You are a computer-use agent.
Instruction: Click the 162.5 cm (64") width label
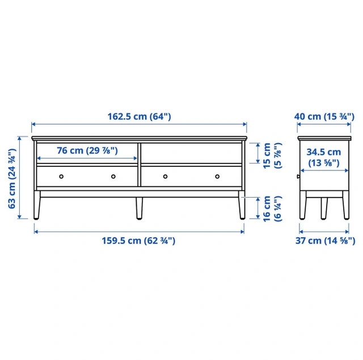tap(139, 116)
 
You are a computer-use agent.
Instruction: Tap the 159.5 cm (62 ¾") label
tap(138, 241)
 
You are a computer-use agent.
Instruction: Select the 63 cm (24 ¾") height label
tap(12, 178)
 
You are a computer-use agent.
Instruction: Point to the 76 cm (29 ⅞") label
tap(87, 150)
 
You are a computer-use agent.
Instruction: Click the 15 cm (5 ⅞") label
tap(272, 156)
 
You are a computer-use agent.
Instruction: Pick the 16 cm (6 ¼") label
tap(272, 208)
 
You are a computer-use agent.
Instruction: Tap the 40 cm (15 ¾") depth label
tap(324, 116)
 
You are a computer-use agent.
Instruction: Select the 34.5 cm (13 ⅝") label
tap(324, 157)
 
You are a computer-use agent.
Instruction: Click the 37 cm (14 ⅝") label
tap(325, 241)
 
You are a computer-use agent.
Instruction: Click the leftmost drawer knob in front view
tap(61, 177)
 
